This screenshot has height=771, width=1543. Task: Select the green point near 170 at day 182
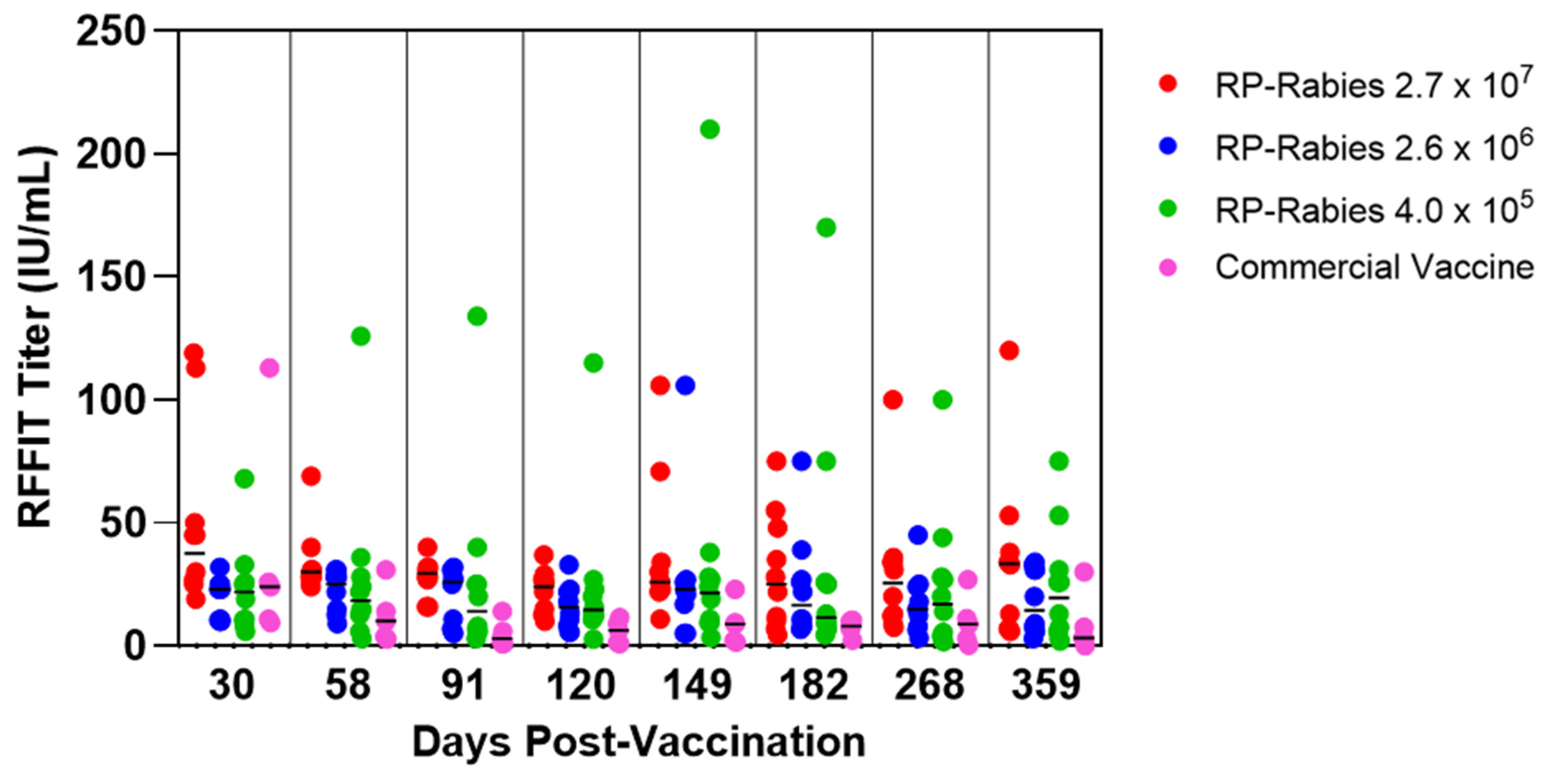point(826,228)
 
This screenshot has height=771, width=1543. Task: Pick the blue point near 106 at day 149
point(685,386)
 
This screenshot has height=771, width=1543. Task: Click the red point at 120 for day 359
point(1009,350)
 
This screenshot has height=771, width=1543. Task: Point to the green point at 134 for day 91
point(477,316)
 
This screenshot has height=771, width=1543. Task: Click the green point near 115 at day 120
point(593,363)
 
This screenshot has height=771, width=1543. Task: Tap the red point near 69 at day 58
point(311,476)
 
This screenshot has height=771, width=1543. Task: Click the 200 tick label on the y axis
point(111,154)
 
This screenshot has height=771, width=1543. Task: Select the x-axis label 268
point(930,685)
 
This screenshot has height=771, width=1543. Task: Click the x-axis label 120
point(581,685)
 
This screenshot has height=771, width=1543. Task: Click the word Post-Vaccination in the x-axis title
point(695,742)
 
